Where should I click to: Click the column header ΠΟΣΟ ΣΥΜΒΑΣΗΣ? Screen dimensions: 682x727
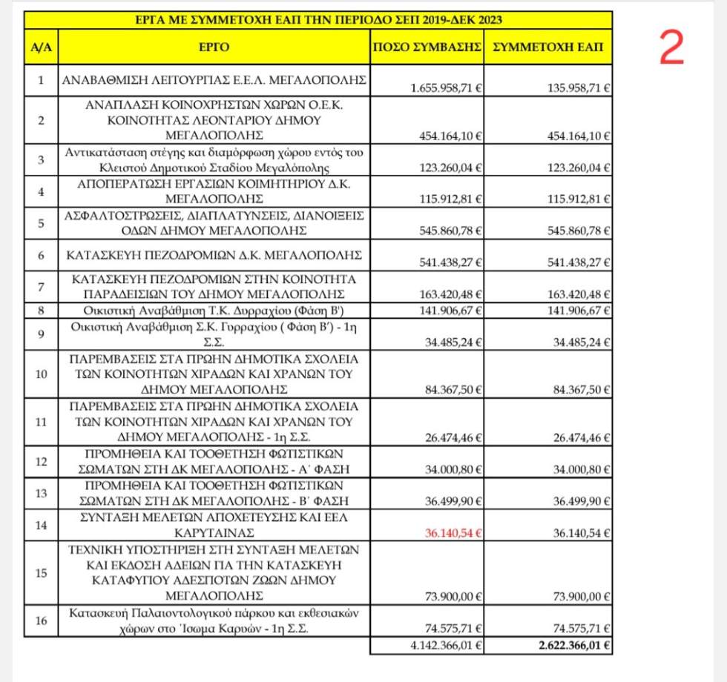tap(427, 47)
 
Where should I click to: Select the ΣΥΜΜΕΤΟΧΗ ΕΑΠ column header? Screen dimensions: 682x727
tap(547, 47)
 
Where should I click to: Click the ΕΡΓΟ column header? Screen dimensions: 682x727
tap(214, 47)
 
